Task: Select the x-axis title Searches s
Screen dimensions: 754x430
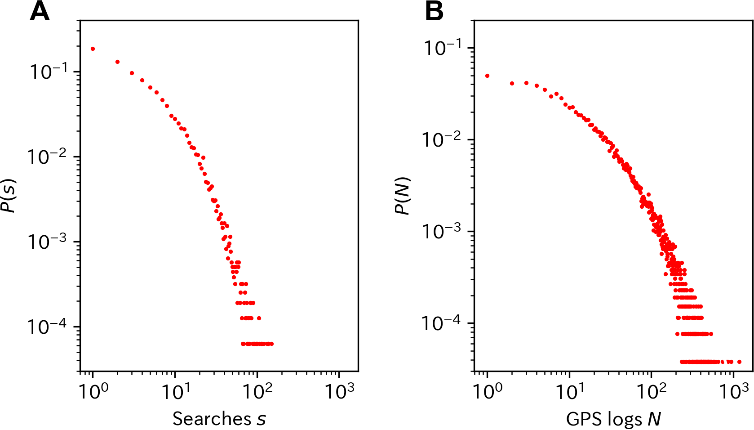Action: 219,409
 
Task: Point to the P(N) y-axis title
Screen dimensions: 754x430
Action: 403,196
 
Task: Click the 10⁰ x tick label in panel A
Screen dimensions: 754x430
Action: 93,390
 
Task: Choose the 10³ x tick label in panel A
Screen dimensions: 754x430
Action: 340,390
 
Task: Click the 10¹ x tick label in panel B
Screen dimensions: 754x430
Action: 569,390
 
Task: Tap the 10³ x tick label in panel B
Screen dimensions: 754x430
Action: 734,390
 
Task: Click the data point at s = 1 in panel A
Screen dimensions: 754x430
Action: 93,49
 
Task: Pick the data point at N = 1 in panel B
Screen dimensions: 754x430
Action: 487,76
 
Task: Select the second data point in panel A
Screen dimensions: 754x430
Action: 117,62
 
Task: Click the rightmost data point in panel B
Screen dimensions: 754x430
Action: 739,362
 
